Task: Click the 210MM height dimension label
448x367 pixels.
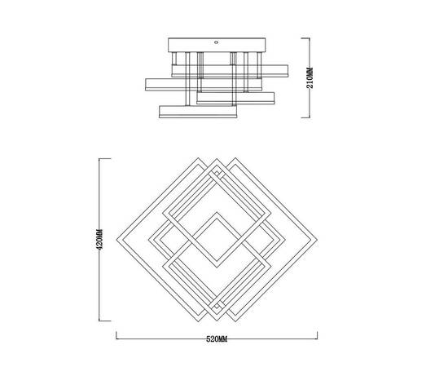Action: pyautogui.click(x=310, y=77)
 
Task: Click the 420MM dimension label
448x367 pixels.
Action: pyautogui.click(x=99, y=240)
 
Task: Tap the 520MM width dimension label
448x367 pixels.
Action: pyautogui.click(x=217, y=339)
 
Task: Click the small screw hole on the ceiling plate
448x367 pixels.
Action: pyautogui.click(x=217, y=42)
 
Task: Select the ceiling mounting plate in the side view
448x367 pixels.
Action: pyautogui.click(x=217, y=45)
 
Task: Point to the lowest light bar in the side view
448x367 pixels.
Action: pyautogui.click(x=198, y=112)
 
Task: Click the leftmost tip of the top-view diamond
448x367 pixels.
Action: pyautogui.click(x=116, y=240)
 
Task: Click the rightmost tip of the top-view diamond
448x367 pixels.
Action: pyautogui.click(x=317, y=240)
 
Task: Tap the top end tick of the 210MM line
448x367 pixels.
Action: pyautogui.click(x=305, y=38)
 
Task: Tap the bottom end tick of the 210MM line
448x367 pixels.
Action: pyautogui.click(x=305, y=117)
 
